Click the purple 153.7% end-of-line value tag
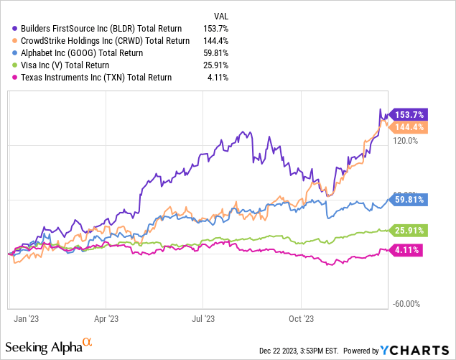tap(411, 115)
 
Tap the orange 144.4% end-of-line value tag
tap(411, 127)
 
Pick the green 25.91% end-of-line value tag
tap(411, 231)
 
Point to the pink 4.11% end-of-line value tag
tap(407, 250)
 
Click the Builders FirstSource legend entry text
tap(101, 26)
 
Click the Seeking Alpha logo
tap(57, 347)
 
